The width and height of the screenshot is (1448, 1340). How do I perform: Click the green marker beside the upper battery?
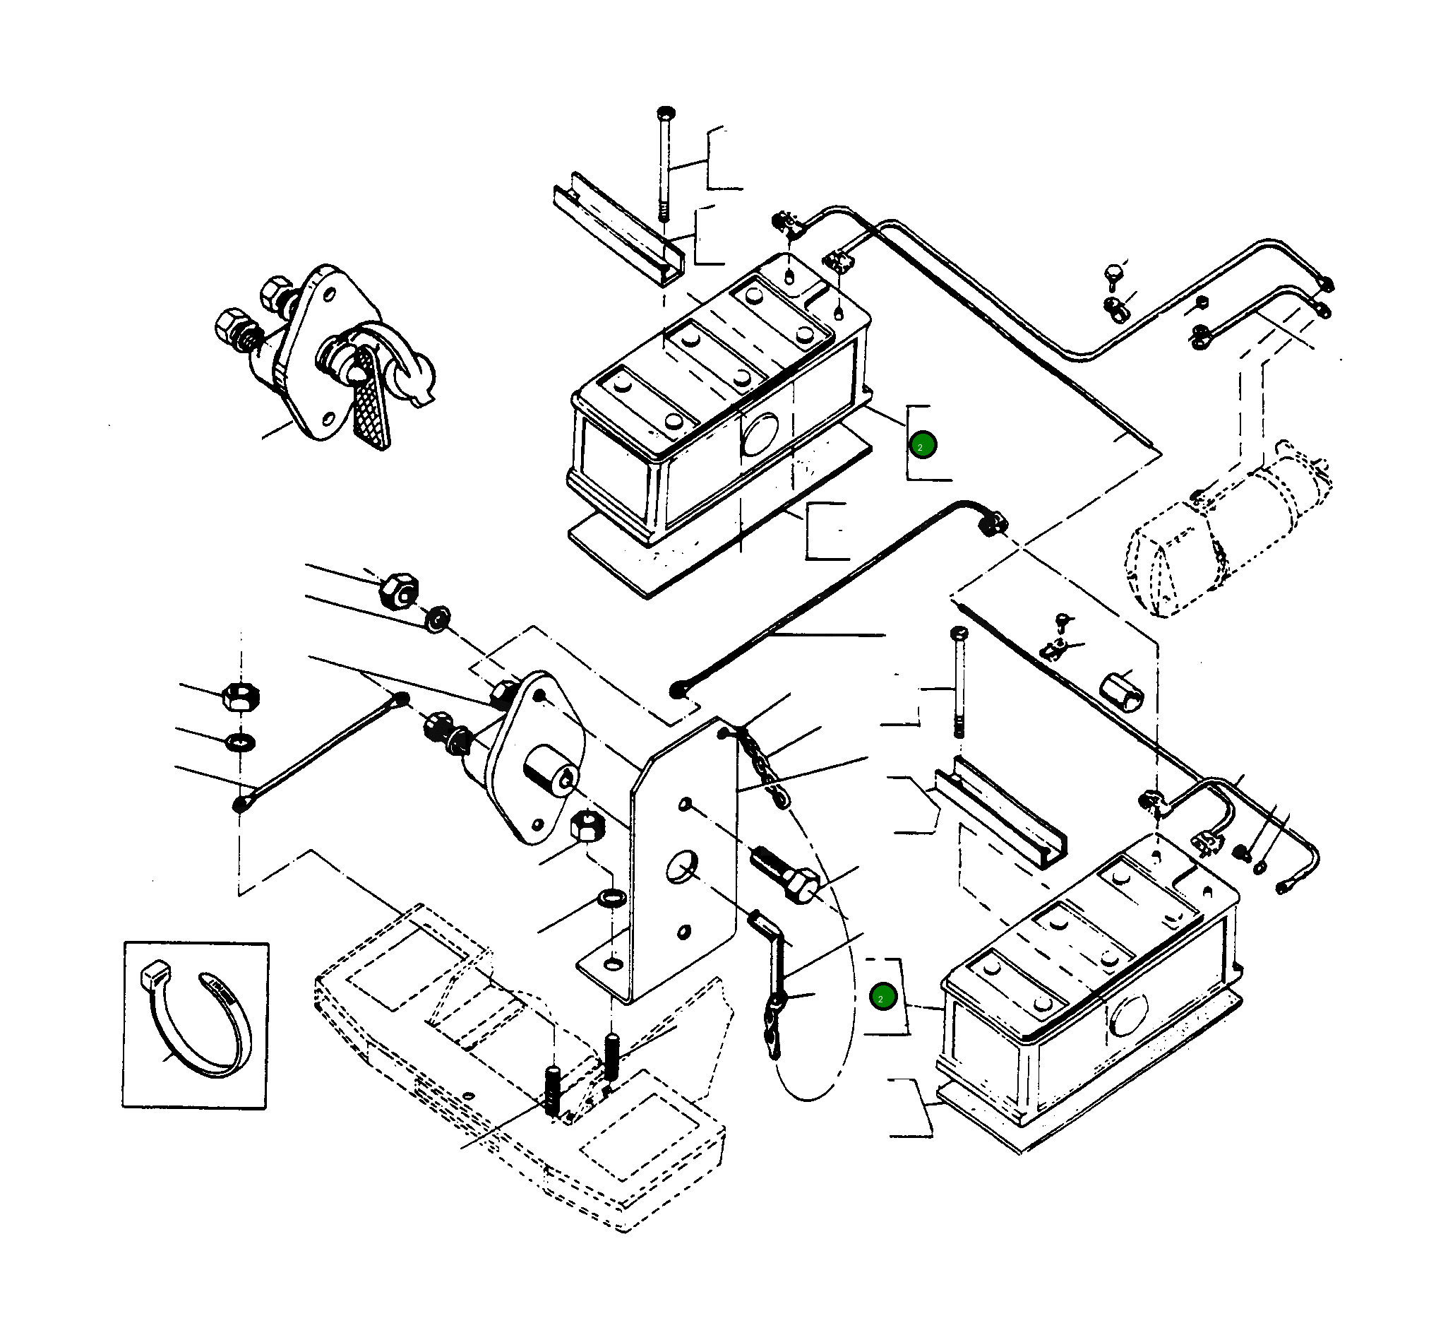point(923,444)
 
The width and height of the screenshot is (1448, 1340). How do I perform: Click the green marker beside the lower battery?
point(882,997)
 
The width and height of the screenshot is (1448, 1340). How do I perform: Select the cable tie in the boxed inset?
point(196,1021)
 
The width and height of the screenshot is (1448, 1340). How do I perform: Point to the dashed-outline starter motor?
point(1228,529)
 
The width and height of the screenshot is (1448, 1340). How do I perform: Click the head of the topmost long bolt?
point(665,113)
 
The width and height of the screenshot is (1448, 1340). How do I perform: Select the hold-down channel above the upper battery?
point(619,227)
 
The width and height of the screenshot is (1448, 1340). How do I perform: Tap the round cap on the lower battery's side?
point(1129,1014)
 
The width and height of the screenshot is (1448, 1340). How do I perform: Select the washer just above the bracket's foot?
point(611,899)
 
